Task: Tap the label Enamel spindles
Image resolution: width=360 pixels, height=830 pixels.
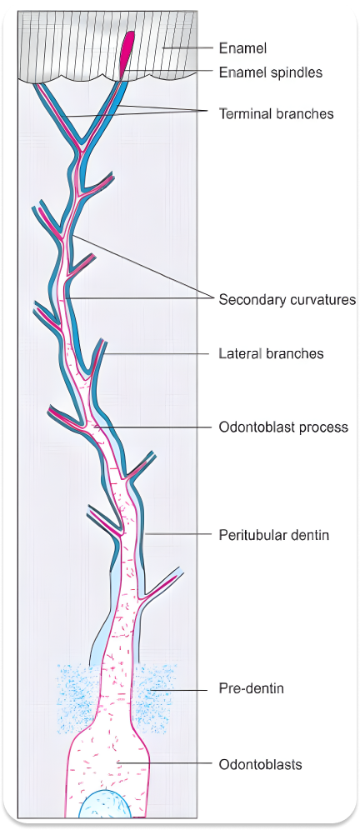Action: tap(270, 72)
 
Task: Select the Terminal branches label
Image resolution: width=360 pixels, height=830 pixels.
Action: tap(276, 112)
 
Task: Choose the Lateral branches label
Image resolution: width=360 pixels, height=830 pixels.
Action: tap(271, 353)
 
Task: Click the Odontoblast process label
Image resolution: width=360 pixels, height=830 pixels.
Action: tap(282, 427)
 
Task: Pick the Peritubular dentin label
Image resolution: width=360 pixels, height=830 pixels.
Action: tap(273, 534)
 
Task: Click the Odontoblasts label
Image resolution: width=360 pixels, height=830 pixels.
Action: tap(260, 763)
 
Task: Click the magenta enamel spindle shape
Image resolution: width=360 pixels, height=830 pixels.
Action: tap(127, 52)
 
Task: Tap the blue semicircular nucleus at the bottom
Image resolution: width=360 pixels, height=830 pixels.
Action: tap(104, 806)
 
